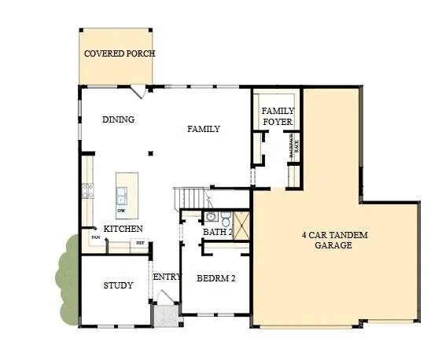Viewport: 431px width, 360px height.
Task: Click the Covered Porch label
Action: [x=120, y=53]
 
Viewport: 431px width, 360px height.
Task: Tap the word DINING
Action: [x=119, y=119]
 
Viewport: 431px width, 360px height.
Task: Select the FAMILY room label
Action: [x=203, y=129]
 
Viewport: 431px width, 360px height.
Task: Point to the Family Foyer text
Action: [x=277, y=116]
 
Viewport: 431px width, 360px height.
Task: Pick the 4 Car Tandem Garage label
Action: [x=335, y=240]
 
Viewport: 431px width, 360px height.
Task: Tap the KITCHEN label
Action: [x=123, y=229]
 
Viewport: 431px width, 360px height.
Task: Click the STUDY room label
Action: [x=118, y=285]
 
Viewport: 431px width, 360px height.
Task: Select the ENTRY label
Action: [x=167, y=277]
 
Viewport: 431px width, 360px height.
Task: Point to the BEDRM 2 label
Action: [x=215, y=278]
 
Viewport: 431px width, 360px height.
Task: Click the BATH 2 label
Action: [x=217, y=232]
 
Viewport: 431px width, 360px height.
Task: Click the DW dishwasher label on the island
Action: [x=121, y=211]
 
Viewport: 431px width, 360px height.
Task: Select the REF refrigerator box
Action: [x=140, y=244]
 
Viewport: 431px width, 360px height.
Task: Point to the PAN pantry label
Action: [x=94, y=237]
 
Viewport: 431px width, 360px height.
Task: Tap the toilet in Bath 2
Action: [x=225, y=217]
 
